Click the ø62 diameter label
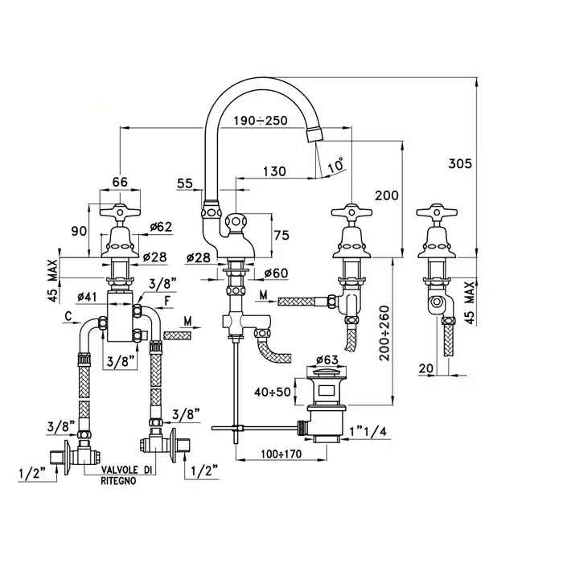161,228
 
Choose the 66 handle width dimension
120,182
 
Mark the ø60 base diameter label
274,274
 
